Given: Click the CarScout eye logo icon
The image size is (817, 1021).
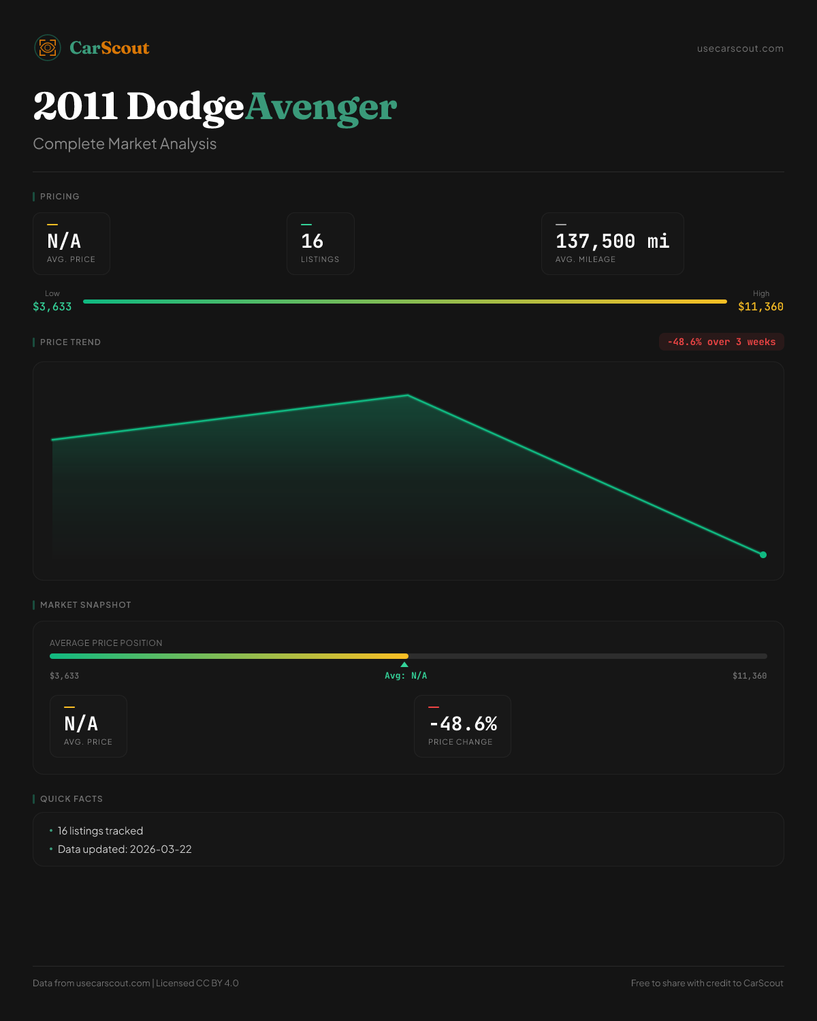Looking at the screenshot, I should pos(48,48).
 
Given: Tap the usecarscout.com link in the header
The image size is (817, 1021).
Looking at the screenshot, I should pos(740,48).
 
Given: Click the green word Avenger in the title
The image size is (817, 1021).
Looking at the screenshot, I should pos(321,107).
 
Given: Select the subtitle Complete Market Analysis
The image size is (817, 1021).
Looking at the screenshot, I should pos(125,144).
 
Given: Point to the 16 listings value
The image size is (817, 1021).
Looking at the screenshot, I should pos(312,241).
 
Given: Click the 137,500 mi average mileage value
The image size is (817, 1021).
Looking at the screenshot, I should pos(612,241).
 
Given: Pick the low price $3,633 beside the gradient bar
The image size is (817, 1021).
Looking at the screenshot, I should pos(52,307).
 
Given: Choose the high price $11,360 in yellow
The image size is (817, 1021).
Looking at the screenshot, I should pos(760,307).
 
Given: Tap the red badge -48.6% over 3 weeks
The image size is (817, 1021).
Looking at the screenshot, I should pos(721,342).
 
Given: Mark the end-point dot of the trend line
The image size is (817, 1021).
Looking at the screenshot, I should pos(763,555).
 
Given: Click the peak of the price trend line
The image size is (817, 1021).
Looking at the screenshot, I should pos(408,395).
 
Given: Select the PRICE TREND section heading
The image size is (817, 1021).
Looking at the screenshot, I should pos(70,342).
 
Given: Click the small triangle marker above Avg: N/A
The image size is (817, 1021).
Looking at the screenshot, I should pos(404,664).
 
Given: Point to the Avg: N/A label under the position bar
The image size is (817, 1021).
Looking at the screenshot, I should pos(406,676).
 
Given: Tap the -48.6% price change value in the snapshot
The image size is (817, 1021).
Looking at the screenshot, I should pos(463,724).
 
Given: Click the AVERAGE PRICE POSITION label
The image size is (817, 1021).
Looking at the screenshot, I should pos(106,643).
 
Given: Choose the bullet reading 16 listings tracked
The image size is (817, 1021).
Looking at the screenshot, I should pos(100,831).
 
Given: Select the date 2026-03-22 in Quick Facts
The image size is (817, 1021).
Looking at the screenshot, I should pos(161,849).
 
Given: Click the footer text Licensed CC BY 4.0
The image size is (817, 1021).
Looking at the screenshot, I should pos(197,983).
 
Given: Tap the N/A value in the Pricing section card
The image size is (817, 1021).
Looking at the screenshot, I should pos(64,241).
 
